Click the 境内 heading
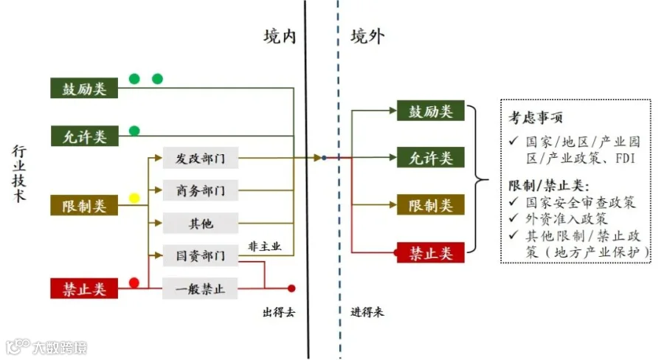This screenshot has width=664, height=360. point(280,36)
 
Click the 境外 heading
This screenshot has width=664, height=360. point(367,36)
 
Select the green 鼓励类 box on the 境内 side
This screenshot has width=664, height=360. point(84,88)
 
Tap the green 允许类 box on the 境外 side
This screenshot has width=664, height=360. point(430,158)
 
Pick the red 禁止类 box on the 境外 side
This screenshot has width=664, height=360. point(430,253)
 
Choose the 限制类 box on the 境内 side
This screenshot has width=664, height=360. point(84,205)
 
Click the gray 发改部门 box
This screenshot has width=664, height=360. point(200,158)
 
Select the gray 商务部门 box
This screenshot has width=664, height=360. point(200,190)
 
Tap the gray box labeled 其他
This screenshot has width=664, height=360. point(200,223)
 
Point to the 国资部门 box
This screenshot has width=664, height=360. point(200,255)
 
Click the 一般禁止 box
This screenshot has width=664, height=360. point(200,288)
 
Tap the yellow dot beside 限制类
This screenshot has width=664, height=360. point(134,198)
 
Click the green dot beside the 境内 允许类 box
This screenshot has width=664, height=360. point(134,131)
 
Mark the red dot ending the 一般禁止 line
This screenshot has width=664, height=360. point(291,288)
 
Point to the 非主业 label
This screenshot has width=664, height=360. point(264,246)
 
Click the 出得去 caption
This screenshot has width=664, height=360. point(279,313)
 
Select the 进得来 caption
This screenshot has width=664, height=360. point(367,312)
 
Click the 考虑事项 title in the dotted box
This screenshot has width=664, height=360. point(536,117)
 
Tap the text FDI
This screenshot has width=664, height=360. point(625,159)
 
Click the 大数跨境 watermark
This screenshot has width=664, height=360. point(46,347)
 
